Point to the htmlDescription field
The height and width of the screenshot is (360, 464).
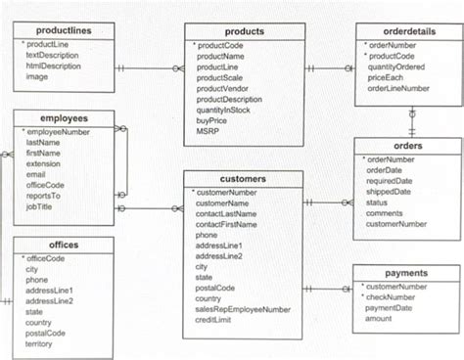pos(53,66)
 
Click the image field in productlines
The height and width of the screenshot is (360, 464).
pos(36,76)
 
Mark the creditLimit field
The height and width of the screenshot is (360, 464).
pos(218,320)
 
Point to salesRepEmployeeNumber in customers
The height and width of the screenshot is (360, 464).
pos(243,309)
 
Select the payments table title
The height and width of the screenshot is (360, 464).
pos(406,273)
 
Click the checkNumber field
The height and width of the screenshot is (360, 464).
pos(396,296)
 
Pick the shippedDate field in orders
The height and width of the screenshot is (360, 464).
pos(389,192)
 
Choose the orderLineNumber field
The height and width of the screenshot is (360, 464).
pos(400,88)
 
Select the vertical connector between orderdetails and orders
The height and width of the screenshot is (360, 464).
pos(412,121)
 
